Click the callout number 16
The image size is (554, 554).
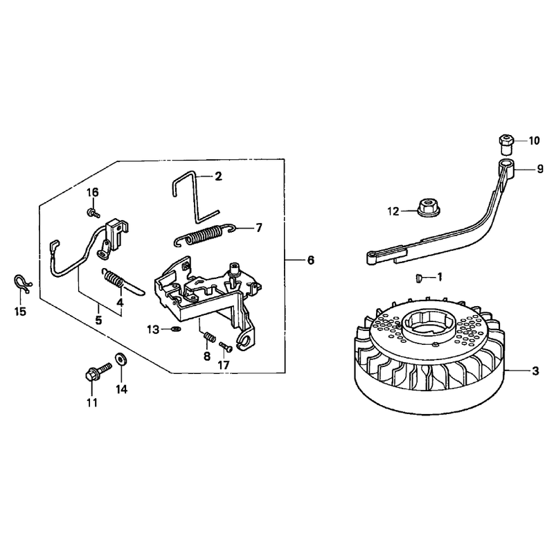93,193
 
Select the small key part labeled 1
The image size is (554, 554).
419,278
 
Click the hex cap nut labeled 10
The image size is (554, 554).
507,144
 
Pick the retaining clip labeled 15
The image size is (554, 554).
23,284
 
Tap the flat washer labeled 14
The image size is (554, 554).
121,359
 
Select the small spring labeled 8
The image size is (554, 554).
209,337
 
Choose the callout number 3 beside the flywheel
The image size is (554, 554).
535,371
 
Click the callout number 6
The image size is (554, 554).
310,260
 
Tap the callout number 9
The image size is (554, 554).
540,169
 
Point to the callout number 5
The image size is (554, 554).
98,320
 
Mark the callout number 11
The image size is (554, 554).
92,402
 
